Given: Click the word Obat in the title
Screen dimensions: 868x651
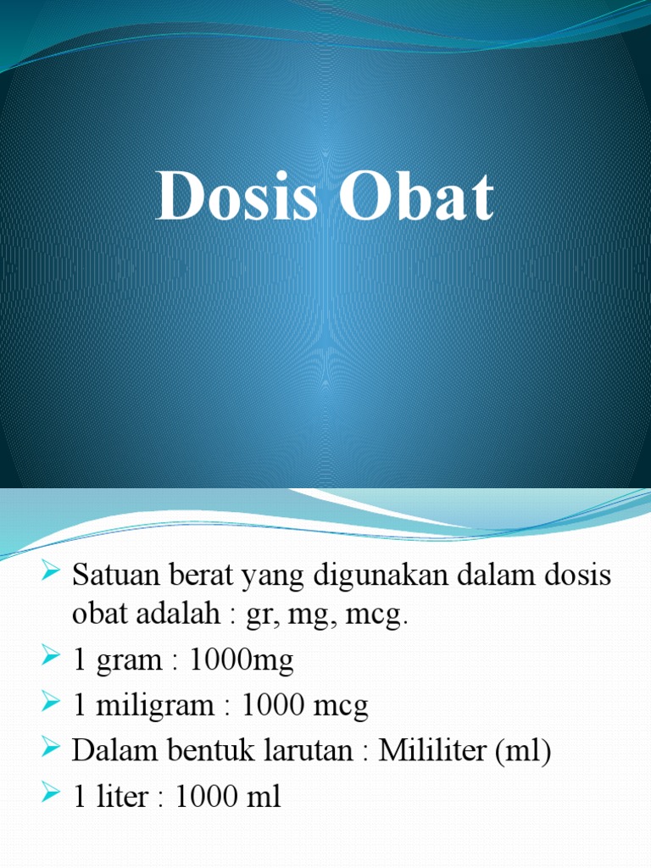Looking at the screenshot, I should pyautogui.click(x=417, y=198).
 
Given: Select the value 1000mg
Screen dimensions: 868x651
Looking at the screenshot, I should pyautogui.click(x=244, y=661).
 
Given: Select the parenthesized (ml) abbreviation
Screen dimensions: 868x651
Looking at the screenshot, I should pyautogui.click(x=526, y=752).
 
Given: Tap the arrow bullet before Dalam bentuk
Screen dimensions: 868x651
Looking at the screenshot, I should pyautogui.click(x=49, y=750).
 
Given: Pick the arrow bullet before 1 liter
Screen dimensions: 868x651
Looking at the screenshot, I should pyautogui.click(x=49, y=795).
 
